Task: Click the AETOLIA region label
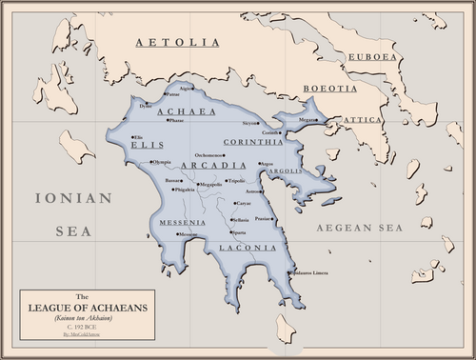(x=178, y=42)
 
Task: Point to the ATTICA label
(x=361, y=119)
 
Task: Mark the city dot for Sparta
(x=231, y=232)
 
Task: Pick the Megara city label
(x=306, y=120)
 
